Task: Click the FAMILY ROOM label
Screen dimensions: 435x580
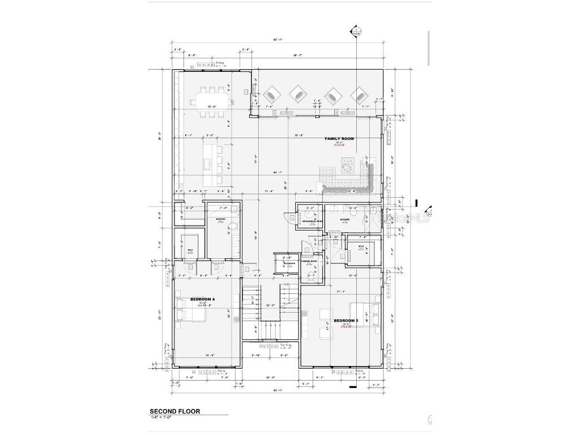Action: tap(339, 139)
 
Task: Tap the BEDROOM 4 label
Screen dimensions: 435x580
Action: tap(202, 298)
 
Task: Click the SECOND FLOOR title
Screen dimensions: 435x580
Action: tap(174, 411)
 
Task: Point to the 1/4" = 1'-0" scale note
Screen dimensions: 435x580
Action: tap(164, 417)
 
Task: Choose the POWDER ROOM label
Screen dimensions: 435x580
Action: tap(309, 262)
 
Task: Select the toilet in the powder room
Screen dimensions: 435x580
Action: tap(310, 276)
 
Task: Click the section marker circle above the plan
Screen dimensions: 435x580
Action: tap(356, 31)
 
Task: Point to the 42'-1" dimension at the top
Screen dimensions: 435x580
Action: tap(278, 40)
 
